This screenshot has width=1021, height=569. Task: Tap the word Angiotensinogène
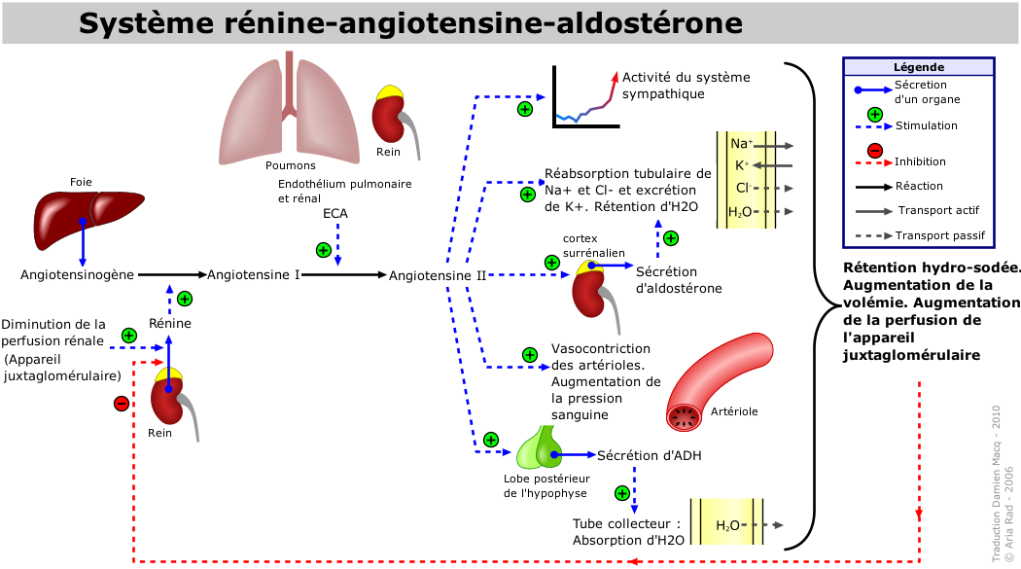[77, 274]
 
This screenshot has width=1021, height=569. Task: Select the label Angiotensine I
[253, 274]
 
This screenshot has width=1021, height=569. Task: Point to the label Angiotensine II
[438, 275]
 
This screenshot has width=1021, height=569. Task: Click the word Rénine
[170, 323]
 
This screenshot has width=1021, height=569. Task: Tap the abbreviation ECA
[335, 214]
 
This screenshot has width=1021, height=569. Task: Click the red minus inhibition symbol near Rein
[122, 404]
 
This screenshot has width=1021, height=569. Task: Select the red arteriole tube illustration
[719, 381]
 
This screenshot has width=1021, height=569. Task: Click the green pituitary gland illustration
[539, 447]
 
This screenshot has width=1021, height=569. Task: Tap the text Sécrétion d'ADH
[650, 456]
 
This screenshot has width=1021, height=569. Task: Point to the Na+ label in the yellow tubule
[741, 144]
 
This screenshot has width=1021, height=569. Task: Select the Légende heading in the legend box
[919, 67]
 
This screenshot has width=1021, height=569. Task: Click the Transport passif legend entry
[939, 235]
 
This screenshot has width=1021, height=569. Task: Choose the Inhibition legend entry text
[920, 161]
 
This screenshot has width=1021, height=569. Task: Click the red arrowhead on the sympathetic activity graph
[614, 76]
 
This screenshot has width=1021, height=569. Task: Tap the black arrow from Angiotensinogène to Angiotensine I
[172, 274]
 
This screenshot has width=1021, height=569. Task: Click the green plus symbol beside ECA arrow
[324, 250]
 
